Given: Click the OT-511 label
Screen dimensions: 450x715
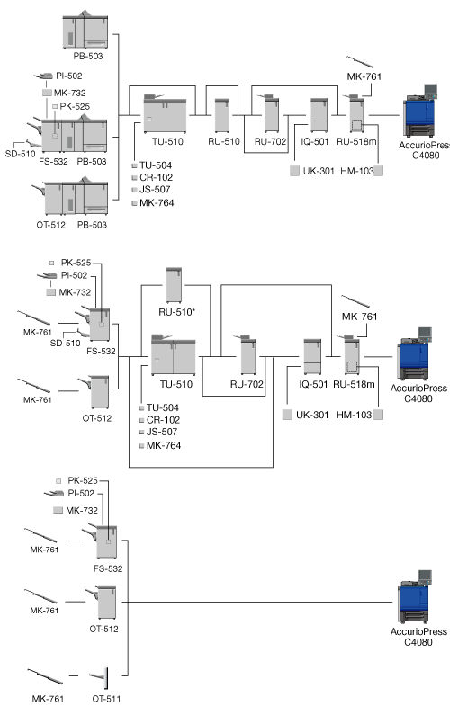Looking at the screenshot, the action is [106, 698].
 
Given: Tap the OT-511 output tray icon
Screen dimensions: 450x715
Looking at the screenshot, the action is [100, 677].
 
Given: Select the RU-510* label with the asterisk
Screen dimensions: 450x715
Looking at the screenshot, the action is [177, 312].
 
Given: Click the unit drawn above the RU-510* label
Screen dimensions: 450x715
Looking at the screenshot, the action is [174, 285].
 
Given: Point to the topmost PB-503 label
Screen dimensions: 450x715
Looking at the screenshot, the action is [88, 56].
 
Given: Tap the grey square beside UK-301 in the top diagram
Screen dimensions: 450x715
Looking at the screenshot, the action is [295, 171].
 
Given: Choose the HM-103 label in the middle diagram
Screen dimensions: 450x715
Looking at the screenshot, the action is [355, 415].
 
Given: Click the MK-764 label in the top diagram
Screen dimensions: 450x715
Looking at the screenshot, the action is [157, 203].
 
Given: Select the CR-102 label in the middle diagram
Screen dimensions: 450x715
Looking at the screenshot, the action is [163, 419].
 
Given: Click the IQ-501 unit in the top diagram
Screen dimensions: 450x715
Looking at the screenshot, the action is [319, 115].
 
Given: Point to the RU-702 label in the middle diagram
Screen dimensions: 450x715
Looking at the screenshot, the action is [247, 384].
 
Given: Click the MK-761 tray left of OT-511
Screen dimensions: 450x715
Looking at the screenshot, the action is [45, 676].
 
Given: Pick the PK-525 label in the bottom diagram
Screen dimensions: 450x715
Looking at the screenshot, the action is [83, 480].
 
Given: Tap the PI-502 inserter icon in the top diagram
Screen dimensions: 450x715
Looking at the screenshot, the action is [43, 76].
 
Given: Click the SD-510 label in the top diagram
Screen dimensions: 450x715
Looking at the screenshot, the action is [20, 154].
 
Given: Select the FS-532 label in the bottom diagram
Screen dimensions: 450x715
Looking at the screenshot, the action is [108, 568].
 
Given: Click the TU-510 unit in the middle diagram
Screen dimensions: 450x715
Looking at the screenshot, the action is [174, 354].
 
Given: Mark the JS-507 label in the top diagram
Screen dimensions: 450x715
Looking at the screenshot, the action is [155, 189].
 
